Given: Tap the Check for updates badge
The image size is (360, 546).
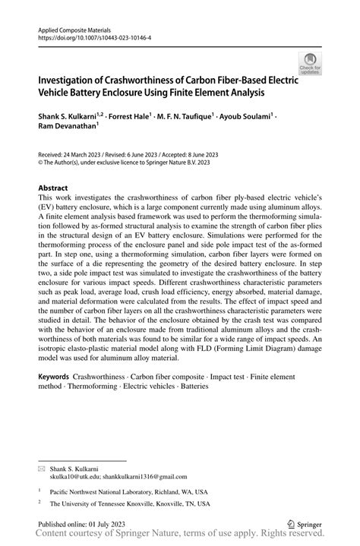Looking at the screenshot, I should point(309,65).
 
